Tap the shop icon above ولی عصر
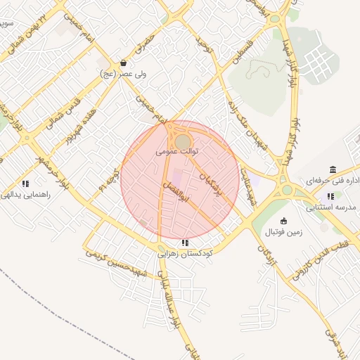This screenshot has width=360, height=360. click(124, 62)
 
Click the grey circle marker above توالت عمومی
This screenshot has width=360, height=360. click(182, 141)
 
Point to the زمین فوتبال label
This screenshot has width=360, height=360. click(283, 231)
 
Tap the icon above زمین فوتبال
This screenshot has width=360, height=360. click(283, 221)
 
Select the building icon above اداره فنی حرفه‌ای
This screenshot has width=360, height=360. click(333, 170)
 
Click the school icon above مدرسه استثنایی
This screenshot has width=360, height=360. click(330, 197)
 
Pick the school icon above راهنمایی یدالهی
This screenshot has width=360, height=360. click(25, 184)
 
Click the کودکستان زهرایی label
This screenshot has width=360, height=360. click(184, 254)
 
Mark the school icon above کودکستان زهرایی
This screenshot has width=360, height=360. click(185, 243)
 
